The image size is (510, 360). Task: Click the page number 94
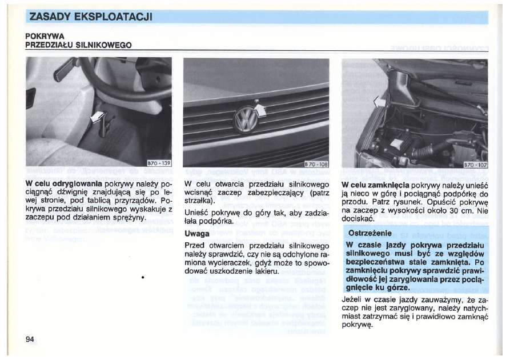point(30,339)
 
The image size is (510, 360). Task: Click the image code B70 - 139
point(159,163)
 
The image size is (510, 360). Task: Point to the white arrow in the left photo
point(98,118)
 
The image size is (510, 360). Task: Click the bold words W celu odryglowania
point(63,185)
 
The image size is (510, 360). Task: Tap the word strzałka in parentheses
point(198,202)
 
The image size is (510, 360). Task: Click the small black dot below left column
point(142,278)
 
